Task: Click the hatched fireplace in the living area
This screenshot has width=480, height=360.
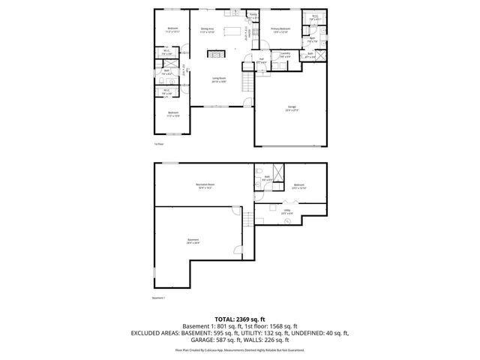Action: (x=214, y=55)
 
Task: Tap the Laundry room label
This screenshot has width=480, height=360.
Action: (x=285, y=55)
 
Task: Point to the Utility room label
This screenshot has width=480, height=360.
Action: (x=286, y=212)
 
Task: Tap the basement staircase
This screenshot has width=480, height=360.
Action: (x=247, y=222)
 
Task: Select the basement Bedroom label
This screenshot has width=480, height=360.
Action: (x=299, y=185)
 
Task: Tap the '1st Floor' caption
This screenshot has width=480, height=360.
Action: (x=158, y=144)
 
